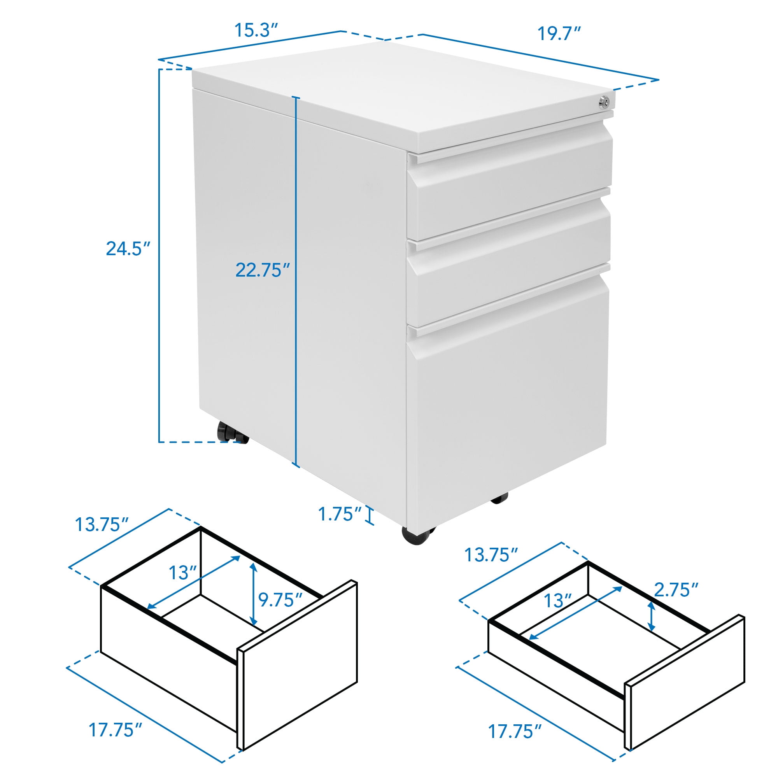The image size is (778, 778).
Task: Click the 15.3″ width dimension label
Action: (256, 31)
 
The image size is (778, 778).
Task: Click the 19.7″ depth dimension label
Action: (559, 34)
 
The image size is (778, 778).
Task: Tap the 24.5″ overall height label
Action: (128, 249)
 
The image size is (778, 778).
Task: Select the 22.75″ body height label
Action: (263, 270)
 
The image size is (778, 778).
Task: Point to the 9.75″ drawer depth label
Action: (280, 600)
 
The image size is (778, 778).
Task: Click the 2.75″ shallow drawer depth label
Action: (676, 590)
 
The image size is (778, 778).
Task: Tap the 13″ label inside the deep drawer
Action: (182, 573)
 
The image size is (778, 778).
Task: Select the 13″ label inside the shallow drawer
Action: (558, 601)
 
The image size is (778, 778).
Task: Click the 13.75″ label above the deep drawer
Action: (102, 525)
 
